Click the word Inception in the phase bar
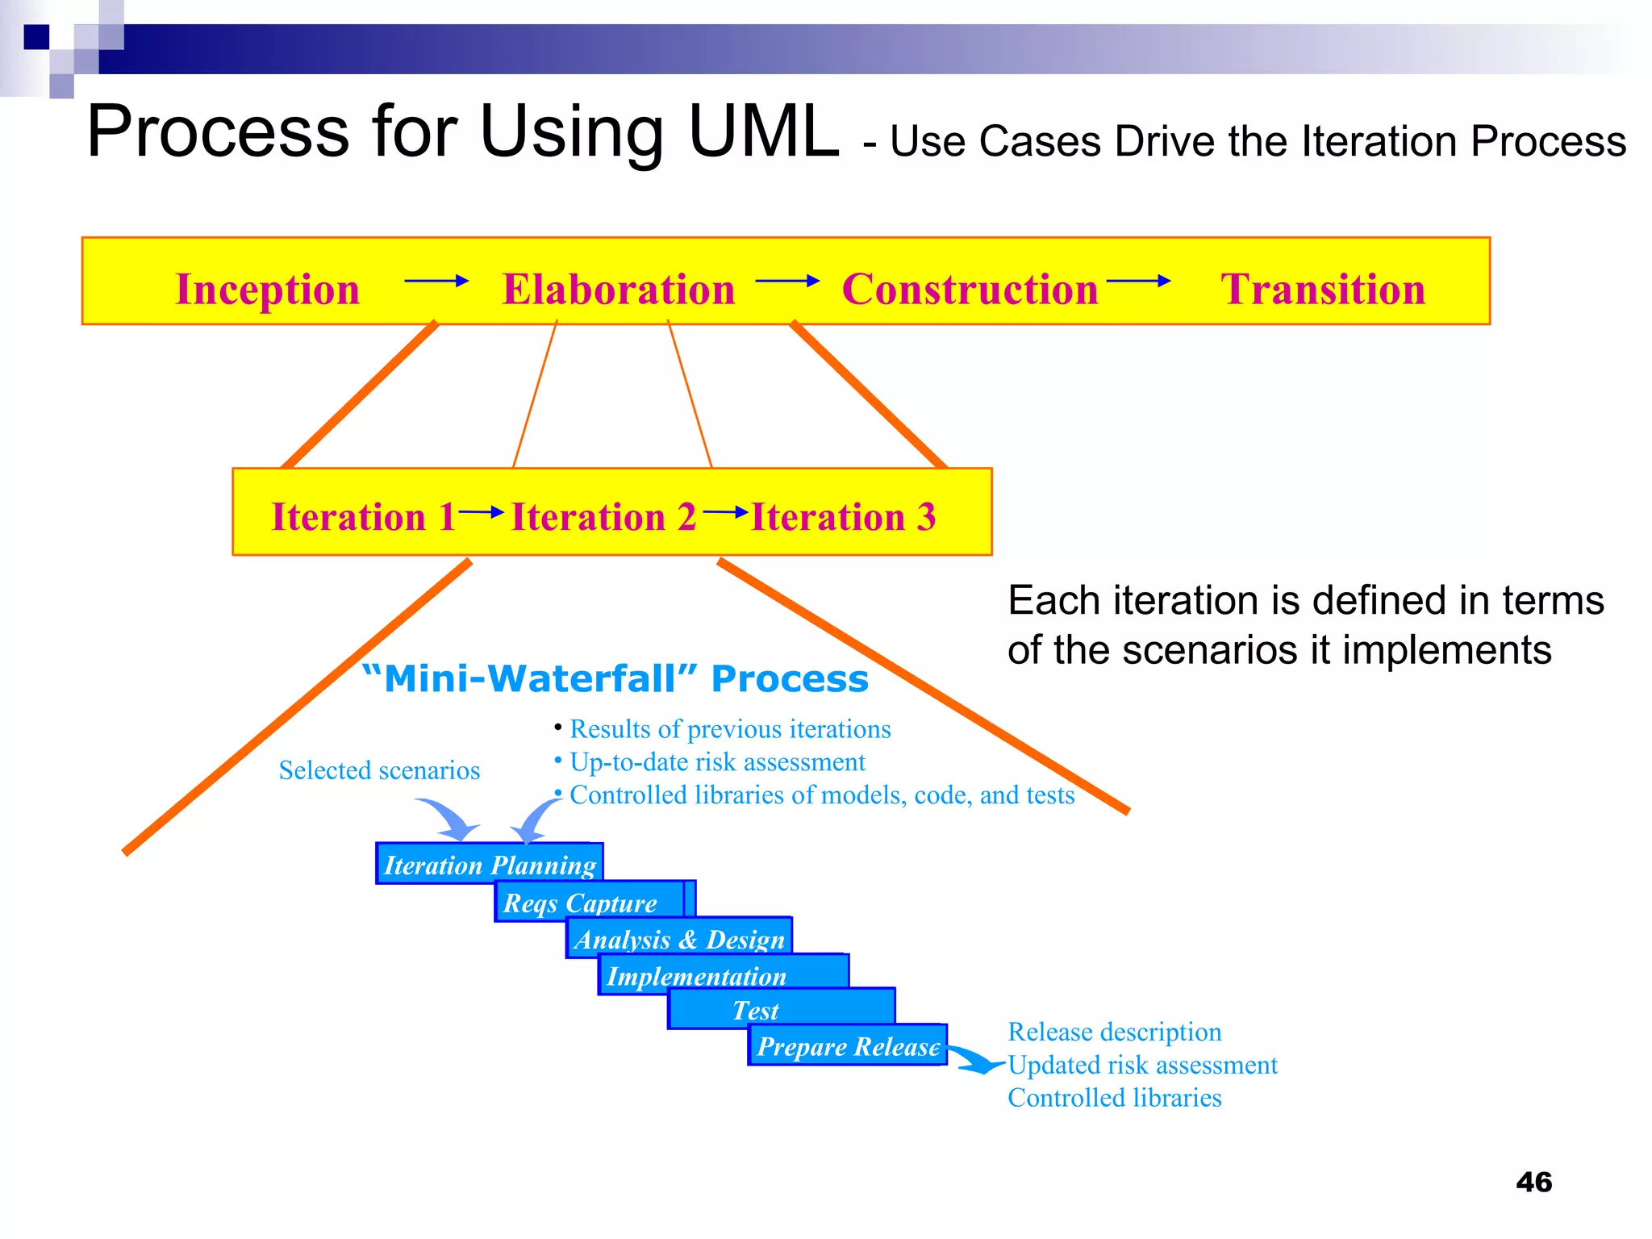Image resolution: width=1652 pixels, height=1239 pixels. tap(267, 290)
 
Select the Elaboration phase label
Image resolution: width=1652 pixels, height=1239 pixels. tap(618, 290)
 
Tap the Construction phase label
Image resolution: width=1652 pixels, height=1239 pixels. tap(970, 290)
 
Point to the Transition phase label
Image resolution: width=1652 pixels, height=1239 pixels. tap(1323, 290)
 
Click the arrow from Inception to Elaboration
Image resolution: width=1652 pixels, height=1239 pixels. tap(436, 281)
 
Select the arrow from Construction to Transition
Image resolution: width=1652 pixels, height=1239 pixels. tap(1138, 281)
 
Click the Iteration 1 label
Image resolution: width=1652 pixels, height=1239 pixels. tap(363, 517)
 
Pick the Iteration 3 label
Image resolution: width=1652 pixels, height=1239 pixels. tap(843, 517)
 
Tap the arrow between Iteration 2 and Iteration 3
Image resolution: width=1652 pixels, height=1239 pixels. tap(725, 511)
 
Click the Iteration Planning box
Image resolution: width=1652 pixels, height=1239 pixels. tap(490, 865)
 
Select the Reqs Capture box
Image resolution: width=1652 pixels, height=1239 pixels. tap(581, 903)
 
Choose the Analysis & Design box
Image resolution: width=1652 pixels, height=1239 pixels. tap(679, 939)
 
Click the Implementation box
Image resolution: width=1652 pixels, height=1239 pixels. tap(697, 976)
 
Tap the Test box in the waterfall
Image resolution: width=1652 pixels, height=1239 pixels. tap(757, 1010)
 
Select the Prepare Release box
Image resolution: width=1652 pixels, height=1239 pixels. tap(849, 1046)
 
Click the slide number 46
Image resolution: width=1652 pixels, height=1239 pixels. tap(1533, 1183)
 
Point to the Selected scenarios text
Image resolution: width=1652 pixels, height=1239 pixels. tap(379, 770)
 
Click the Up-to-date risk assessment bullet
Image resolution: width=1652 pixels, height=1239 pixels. tap(717, 762)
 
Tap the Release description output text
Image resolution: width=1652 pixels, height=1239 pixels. tap(1114, 1032)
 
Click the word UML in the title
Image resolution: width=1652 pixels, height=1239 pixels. tap(764, 132)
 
